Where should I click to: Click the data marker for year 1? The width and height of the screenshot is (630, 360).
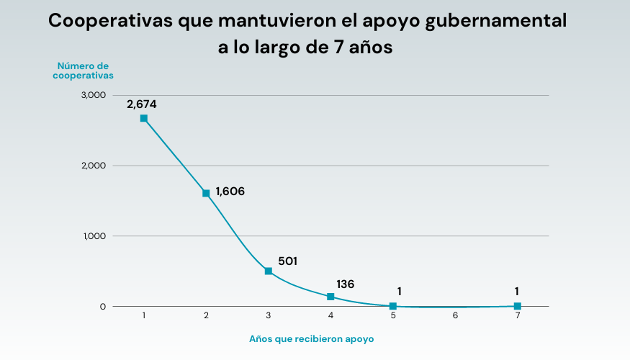tap(144, 118)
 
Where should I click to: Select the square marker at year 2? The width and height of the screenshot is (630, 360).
tap(206, 193)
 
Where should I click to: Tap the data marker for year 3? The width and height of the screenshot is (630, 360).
tap(269, 271)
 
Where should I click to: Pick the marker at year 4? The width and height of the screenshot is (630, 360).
tap(330, 297)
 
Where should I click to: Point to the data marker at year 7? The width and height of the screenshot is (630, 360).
tap(518, 306)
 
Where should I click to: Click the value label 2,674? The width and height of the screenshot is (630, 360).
tap(142, 104)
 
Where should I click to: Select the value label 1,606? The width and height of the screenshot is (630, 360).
tap(230, 192)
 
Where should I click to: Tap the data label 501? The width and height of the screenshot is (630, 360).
tap(287, 261)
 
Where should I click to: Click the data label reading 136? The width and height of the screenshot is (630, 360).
tap(346, 284)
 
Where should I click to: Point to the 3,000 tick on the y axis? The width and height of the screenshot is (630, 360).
tap(94, 95)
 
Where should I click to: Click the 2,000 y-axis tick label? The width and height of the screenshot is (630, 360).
tap(94, 166)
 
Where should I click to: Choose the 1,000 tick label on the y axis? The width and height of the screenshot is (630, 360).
tap(94, 236)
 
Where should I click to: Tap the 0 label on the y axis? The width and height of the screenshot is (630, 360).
tap(103, 307)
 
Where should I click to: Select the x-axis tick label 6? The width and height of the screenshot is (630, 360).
tap(455, 316)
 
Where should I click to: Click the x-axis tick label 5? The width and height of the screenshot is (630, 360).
tap(393, 316)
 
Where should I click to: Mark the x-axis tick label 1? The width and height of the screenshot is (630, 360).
tap(144, 316)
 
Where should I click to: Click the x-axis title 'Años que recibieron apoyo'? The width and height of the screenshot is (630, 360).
tap(312, 338)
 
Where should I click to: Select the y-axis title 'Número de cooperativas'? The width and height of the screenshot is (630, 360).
tap(83, 70)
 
